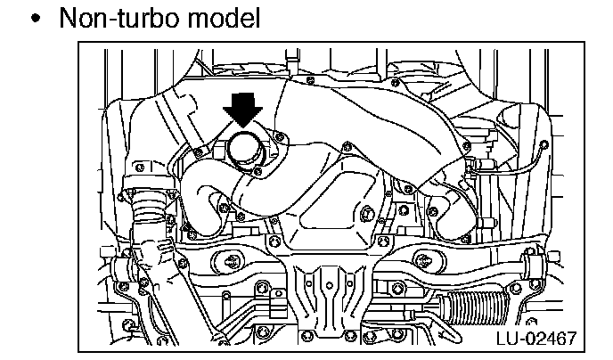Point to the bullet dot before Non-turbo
(x=35, y=19)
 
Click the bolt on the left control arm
(x=233, y=260)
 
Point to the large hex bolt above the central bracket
(x=366, y=213)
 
